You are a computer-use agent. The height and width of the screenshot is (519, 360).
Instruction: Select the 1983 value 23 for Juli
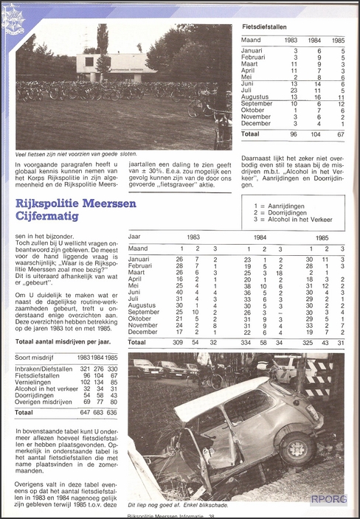click(x=295, y=91)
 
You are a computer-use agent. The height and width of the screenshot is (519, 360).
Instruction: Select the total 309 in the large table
click(x=178, y=343)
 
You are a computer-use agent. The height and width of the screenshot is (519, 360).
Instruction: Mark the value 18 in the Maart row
click(x=280, y=273)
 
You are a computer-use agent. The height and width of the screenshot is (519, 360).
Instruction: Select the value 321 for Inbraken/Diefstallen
click(x=85, y=368)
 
